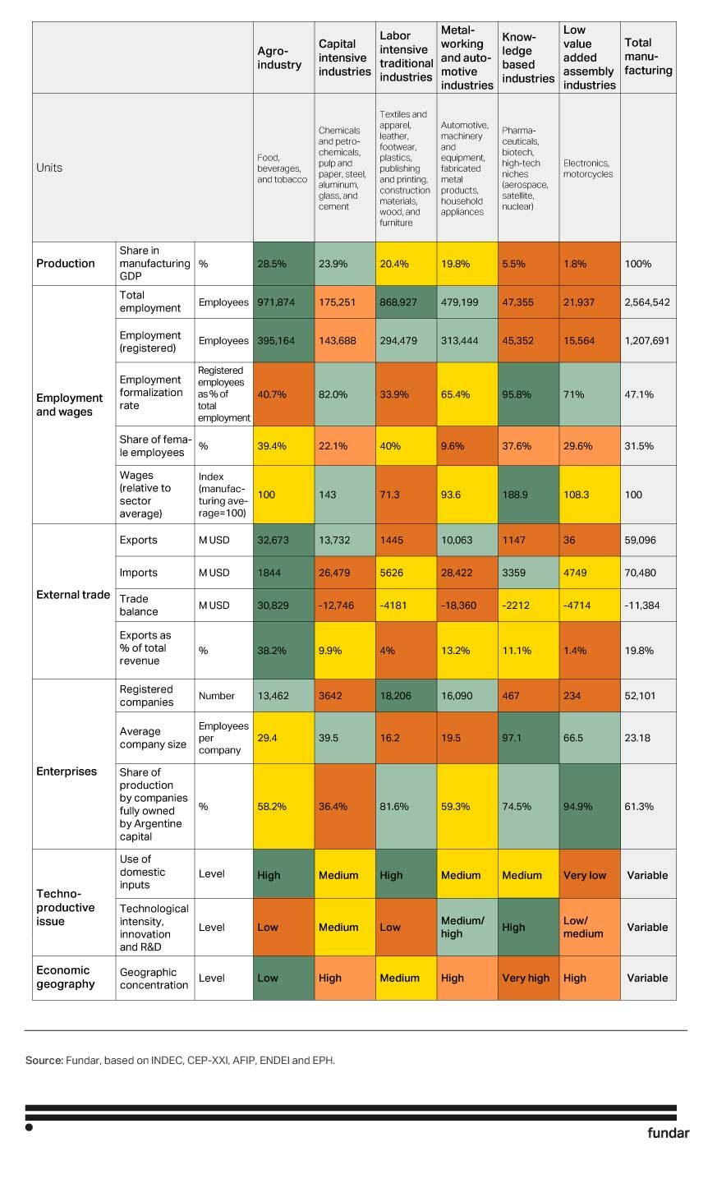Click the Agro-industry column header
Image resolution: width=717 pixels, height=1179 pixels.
(x=279, y=58)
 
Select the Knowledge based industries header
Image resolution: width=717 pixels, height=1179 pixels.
(x=527, y=58)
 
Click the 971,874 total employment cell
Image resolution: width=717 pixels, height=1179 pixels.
(x=283, y=302)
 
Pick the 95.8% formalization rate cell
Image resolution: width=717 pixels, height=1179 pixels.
(x=527, y=394)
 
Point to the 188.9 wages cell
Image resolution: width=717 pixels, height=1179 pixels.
(x=527, y=495)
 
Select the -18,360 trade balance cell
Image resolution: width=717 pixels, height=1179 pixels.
(x=467, y=606)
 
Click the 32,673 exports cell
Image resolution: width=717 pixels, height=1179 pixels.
(x=283, y=540)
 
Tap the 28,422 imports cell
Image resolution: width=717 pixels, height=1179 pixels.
(x=467, y=573)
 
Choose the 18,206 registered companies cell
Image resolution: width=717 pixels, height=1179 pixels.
(x=406, y=696)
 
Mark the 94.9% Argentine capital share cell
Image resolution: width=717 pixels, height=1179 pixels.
(x=589, y=806)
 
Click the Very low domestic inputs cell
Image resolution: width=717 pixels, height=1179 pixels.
(x=589, y=875)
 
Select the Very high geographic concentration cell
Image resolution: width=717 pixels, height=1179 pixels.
(x=527, y=978)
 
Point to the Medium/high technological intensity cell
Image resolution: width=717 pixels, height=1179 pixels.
(x=467, y=927)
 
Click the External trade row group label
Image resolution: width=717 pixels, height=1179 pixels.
(x=73, y=595)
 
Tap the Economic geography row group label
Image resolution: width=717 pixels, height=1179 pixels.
(x=66, y=977)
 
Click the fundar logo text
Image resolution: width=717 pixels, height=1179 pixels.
(x=668, y=1133)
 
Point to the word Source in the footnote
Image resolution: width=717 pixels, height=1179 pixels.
(x=44, y=1061)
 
